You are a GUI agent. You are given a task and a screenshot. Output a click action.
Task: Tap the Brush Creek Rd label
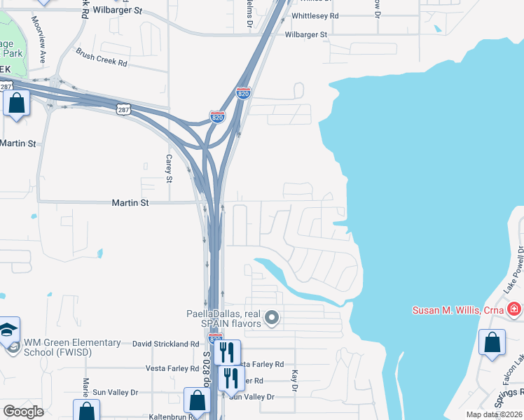click(x=102, y=58)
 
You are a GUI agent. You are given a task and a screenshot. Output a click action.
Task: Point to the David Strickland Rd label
click(x=166, y=344)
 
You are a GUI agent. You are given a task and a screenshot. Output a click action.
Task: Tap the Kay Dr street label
click(x=295, y=381)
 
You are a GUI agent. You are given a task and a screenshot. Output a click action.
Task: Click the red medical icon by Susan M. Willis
click(x=514, y=309)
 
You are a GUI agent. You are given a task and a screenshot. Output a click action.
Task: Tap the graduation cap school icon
click(x=8, y=330)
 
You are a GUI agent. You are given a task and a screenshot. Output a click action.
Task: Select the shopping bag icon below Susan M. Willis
click(x=492, y=342)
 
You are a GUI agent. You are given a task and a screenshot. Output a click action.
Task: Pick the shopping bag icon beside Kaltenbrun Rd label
click(x=197, y=400)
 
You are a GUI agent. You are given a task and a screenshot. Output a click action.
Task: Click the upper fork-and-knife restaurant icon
click(x=227, y=351)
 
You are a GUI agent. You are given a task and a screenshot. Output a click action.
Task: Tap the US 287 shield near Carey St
click(x=123, y=110)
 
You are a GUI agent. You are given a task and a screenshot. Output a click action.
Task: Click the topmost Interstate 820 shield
click(x=243, y=93)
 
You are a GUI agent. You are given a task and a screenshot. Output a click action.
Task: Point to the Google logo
click(x=23, y=412)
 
